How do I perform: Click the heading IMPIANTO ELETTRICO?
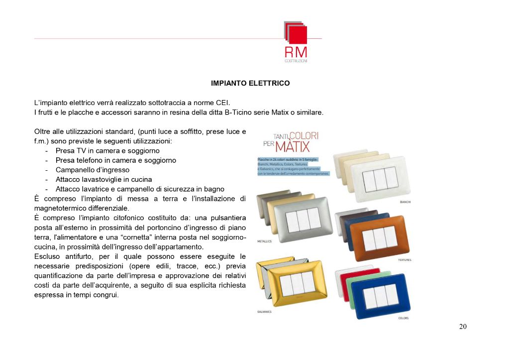pyautogui.click(x=250, y=83)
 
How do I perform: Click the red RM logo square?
pyautogui.click(x=298, y=35)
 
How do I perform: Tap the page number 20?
pyautogui.click(x=463, y=327)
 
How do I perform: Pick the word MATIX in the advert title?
pyautogui.click(x=293, y=146)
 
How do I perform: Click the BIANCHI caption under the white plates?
pyautogui.click(x=406, y=202)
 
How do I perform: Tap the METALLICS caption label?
pyautogui.click(x=264, y=241)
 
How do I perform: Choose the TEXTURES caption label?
pyautogui.click(x=404, y=260)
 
